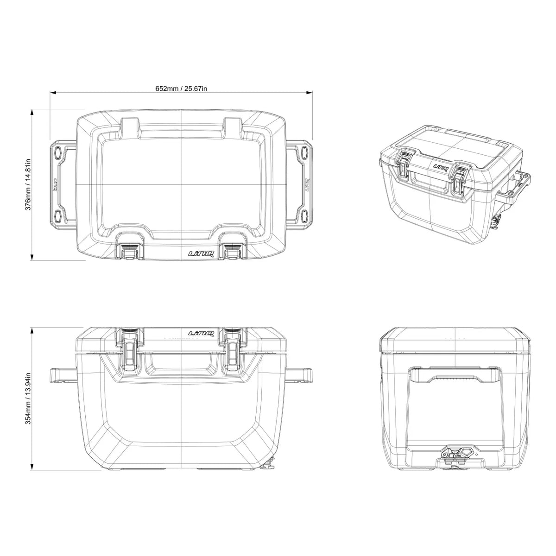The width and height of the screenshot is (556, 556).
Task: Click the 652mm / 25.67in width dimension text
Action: coord(181,88)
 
